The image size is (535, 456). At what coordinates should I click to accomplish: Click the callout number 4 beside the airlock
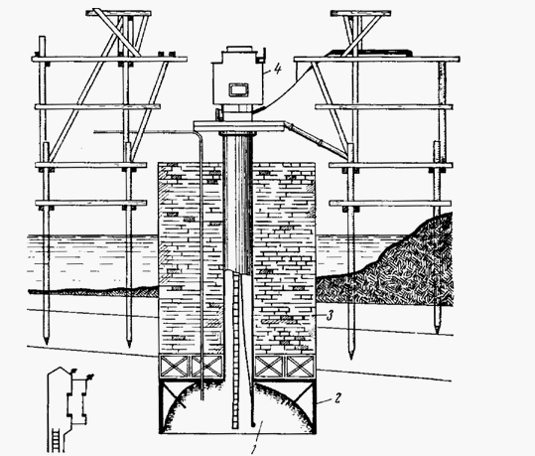click(x=277, y=70)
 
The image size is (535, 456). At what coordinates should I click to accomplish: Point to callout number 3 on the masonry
click(x=329, y=316)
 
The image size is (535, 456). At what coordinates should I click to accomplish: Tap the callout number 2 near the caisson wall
click(x=336, y=398)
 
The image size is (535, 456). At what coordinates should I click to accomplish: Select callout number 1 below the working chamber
click(x=253, y=449)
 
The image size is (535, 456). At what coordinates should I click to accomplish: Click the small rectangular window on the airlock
click(x=237, y=89)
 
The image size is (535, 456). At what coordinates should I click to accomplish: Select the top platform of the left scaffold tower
click(x=118, y=13)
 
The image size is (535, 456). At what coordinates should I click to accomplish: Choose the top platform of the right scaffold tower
click(x=361, y=14)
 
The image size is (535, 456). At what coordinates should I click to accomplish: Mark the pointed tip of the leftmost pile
click(x=47, y=342)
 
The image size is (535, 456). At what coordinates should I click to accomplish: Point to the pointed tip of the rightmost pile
click(x=437, y=332)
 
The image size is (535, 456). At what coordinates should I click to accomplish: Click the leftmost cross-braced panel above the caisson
click(x=174, y=367)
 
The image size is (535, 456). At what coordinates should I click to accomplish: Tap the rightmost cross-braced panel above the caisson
click(x=300, y=367)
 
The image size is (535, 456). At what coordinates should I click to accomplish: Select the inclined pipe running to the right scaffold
click(x=317, y=138)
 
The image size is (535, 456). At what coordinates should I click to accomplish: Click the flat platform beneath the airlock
click(x=239, y=126)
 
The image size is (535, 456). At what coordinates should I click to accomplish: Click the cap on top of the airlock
click(x=239, y=49)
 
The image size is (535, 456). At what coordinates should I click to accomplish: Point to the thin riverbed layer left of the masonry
click(x=93, y=292)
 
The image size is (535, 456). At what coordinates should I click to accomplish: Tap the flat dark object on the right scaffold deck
click(x=368, y=53)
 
